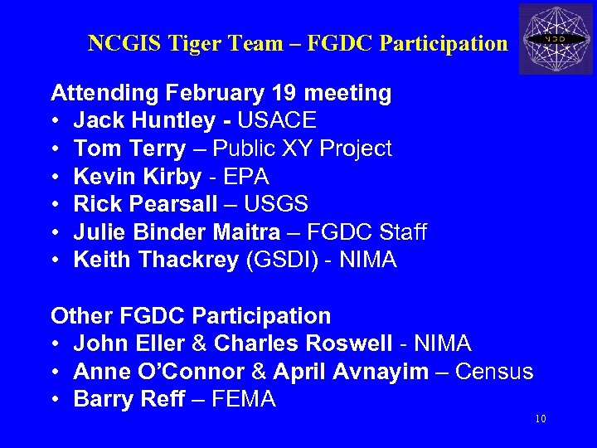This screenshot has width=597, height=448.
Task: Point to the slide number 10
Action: tap(540, 419)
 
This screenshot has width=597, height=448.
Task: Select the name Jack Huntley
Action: tap(144, 121)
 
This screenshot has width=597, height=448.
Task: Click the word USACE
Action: tap(277, 121)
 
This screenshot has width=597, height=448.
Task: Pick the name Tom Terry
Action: tap(129, 149)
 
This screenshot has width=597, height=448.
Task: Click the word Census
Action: tap(495, 372)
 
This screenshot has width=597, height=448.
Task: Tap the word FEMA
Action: tap(244, 400)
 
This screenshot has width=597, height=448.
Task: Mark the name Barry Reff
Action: tap(126, 400)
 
